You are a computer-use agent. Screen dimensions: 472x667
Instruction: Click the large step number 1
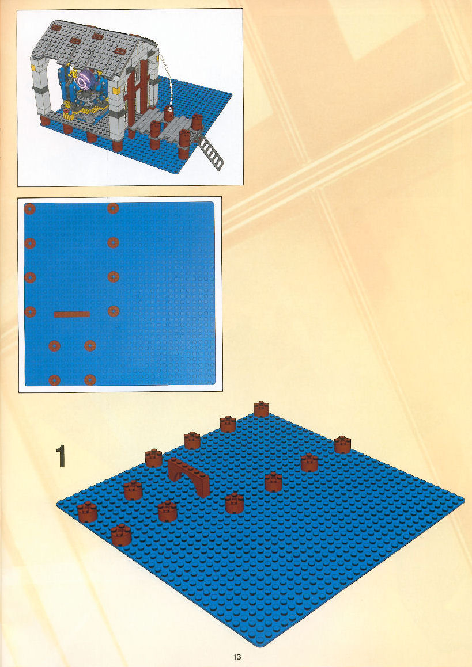[61, 456]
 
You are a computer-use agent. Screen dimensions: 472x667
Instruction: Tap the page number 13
[237, 657]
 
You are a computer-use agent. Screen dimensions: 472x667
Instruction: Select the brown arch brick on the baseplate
[188, 477]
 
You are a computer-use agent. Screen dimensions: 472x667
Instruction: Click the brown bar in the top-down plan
[72, 314]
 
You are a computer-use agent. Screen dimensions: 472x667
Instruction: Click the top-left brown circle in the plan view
[29, 209]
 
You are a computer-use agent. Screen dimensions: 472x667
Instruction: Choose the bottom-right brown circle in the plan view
[90, 379]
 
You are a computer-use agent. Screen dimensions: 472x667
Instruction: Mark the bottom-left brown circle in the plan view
[54, 380]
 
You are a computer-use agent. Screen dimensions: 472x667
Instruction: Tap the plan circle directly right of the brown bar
[113, 311]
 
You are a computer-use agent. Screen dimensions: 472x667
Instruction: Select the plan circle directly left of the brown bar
[30, 312]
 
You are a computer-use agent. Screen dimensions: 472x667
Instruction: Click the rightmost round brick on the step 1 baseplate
[342, 444]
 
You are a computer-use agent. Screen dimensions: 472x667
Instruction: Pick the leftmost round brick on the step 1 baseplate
[88, 512]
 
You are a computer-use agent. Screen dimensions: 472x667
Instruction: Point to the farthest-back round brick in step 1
[261, 409]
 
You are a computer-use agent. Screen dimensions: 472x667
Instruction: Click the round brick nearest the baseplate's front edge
[120, 535]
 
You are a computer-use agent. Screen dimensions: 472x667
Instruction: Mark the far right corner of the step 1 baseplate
[463, 500]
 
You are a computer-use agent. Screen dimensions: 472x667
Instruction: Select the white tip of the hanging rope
[170, 108]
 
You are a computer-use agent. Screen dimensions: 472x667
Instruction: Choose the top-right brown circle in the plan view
[113, 208]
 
